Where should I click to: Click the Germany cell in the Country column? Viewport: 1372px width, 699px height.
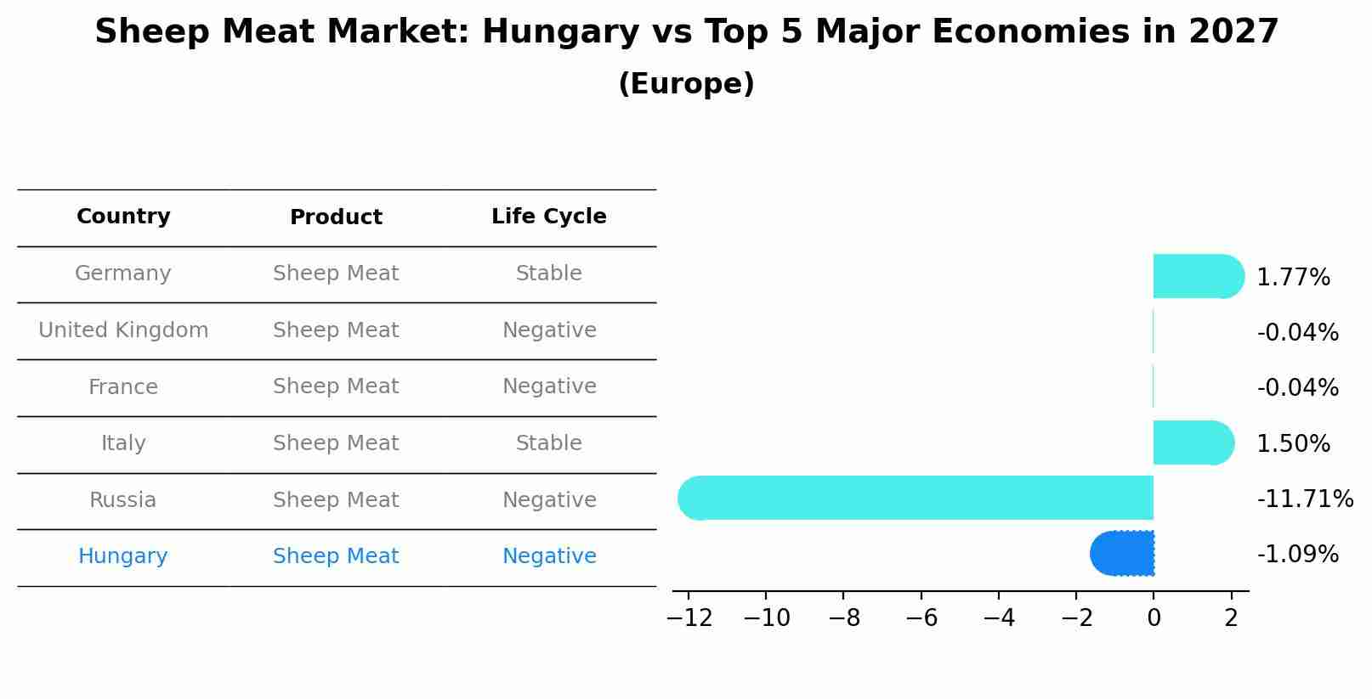click(123, 273)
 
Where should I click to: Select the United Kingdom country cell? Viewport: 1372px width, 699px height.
click(123, 330)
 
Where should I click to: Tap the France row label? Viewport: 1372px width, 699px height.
click(123, 387)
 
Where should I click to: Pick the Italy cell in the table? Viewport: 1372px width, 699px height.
click(123, 443)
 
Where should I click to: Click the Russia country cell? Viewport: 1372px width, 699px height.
click(123, 500)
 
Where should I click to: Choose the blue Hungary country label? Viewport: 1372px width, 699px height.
click(123, 556)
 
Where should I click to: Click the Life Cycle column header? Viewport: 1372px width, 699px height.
click(549, 217)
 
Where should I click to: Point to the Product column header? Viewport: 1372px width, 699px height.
click(336, 217)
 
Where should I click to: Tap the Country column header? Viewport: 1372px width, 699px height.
click(123, 217)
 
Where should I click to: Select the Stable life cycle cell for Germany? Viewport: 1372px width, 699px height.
click(549, 273)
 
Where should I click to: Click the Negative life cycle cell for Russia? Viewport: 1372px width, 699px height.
click(549, 500)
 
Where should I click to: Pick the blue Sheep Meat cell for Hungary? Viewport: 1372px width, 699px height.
click(336, 556)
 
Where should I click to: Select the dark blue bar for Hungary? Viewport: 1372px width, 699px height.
click(1123, 553)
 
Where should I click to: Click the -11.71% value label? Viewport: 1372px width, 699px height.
click(1305, 499)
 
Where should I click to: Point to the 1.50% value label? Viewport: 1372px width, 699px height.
click(1293, 443)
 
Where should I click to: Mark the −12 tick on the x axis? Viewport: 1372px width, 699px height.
click(689, 618)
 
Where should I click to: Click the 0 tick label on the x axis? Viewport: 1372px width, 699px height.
click(1154, 618)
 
